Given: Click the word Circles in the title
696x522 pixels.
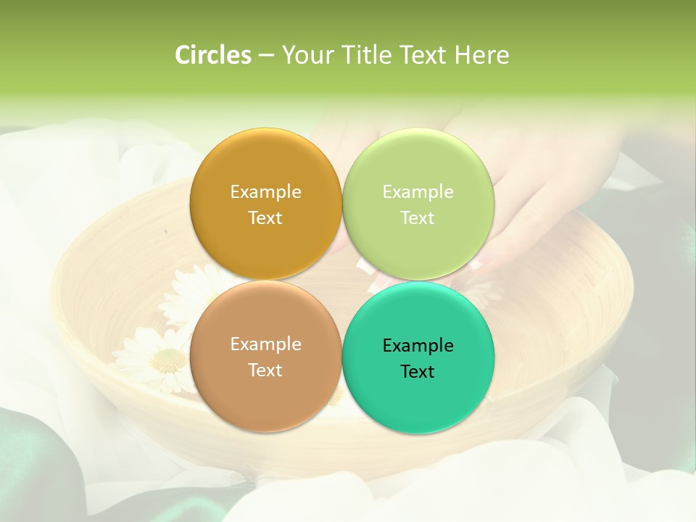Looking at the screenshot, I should (213, 55).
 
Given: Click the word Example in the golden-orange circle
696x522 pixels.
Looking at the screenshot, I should (265, 192).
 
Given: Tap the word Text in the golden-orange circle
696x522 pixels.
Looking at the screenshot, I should (265, 218).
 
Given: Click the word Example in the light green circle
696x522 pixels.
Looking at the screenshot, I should (418, 192).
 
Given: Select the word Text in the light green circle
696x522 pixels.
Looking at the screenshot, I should (418, 218).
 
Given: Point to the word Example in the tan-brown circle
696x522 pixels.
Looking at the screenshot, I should (265, 344).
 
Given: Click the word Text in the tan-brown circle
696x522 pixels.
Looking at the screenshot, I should (265, 370).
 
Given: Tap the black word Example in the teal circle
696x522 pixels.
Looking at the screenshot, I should (418, 346).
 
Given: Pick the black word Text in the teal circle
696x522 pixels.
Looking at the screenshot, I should (418, 372).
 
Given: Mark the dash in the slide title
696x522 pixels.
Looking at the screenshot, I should (266, 56).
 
